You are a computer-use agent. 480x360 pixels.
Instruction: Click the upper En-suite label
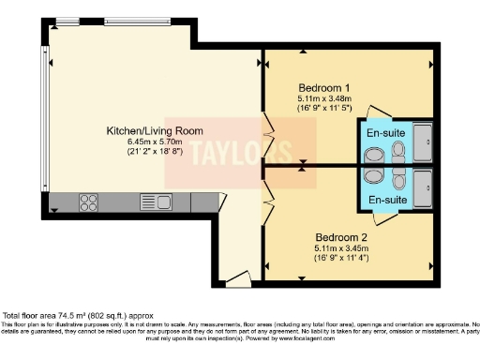pos(385,133)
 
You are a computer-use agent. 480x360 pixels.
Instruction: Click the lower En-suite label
pos(385,201)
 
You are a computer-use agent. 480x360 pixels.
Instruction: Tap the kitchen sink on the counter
pos(152,201)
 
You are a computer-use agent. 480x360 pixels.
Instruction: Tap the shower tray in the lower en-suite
pos(422,187)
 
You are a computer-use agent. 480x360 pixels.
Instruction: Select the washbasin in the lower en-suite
pos(372,178)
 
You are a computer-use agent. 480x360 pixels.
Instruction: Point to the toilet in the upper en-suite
pos(399,151)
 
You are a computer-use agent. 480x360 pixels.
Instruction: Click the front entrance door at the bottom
pos(236,277)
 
